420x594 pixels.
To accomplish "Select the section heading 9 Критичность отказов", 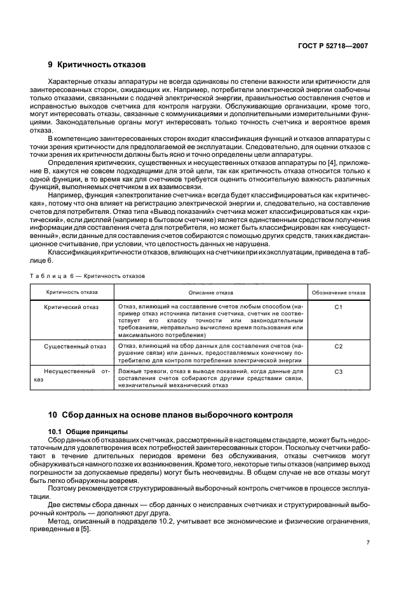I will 97,65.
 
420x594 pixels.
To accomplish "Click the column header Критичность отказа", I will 71,293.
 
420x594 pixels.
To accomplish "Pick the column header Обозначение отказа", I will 338,293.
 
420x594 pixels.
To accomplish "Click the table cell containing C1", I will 338,307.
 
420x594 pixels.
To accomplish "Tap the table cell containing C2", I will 338,346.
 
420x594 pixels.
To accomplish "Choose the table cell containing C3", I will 338,371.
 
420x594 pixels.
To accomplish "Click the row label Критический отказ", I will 71,307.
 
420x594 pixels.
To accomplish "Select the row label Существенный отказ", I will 71,346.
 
